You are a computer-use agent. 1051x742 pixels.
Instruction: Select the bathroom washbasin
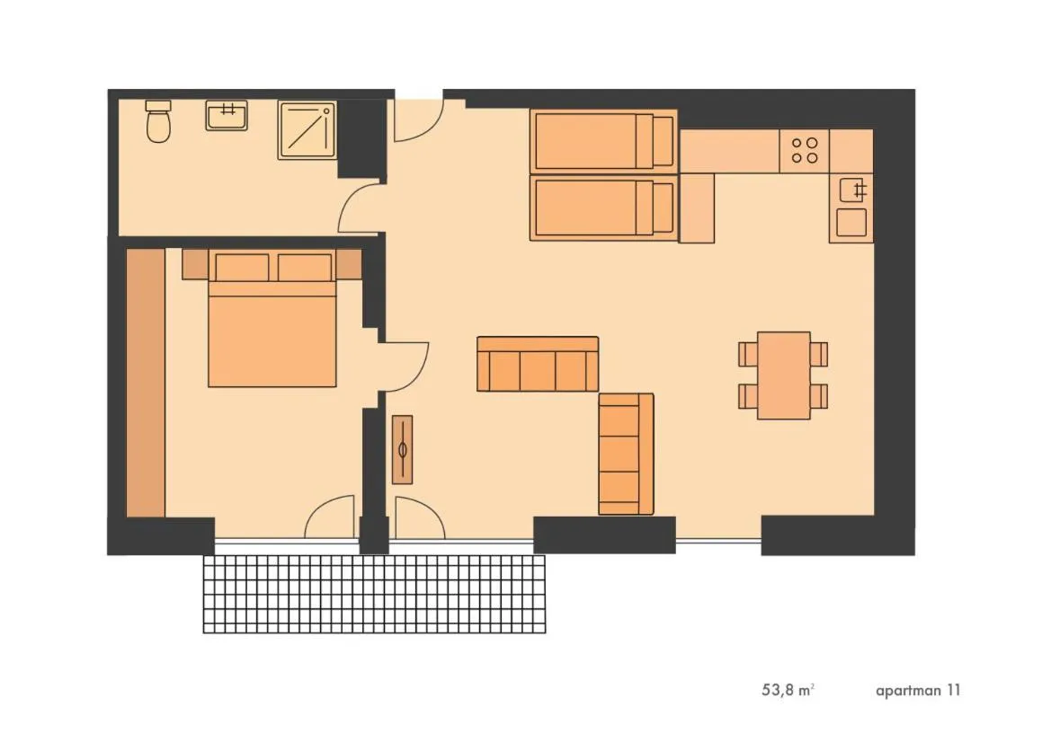click(227, 115)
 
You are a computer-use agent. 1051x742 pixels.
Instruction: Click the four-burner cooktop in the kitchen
click(805, 148)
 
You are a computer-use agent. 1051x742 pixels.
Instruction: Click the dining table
click(783, 375)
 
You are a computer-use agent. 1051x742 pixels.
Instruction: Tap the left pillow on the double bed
click(241, 267)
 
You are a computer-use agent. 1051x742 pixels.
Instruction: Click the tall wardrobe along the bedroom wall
click(146, 383)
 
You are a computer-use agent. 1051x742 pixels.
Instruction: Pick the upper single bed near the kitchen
click(603, 140)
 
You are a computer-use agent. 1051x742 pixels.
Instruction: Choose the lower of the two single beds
click(603, 208)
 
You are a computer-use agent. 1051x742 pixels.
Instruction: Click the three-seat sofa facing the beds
click(537, 365)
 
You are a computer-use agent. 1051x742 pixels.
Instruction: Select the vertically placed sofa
click(626, 454)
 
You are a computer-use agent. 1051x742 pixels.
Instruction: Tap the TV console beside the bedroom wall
click(403, 449)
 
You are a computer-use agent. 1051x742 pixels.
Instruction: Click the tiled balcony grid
click(374, 594)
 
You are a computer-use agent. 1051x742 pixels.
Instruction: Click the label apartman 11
click(918, 691)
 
